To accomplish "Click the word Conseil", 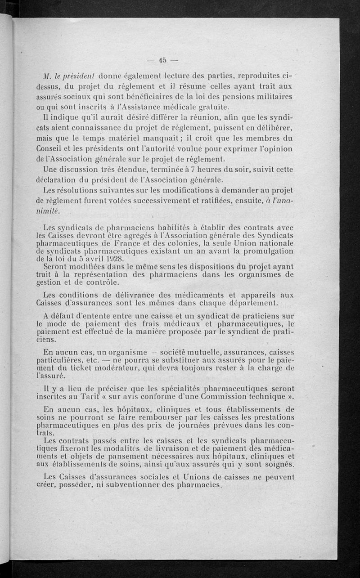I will pos(49,148).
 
